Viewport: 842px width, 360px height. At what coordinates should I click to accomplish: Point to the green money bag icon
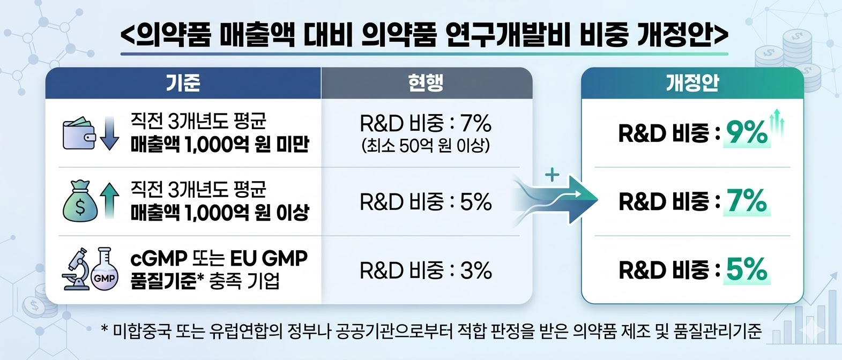[80, 201]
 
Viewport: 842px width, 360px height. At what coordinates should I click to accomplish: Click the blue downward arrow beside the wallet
[109, 133]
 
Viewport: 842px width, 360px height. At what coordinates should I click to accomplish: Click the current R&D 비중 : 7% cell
[426, 123]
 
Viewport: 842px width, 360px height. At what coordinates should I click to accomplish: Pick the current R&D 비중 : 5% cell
[426, 202]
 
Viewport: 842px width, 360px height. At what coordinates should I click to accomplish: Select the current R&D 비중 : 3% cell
[426, 270]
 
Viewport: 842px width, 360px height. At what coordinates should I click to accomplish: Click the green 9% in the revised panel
[747, 133]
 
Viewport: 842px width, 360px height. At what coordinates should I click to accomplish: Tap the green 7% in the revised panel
[747, 201]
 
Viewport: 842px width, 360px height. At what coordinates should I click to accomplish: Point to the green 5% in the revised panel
[747, 269]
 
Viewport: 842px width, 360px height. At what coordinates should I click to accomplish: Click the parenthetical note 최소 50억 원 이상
[426, 146]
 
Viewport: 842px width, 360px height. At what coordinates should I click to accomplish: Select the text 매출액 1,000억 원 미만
[220, 145]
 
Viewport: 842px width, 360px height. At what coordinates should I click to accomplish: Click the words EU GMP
[269, 259]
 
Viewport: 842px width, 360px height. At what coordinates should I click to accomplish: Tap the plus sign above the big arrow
[552, 174]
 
